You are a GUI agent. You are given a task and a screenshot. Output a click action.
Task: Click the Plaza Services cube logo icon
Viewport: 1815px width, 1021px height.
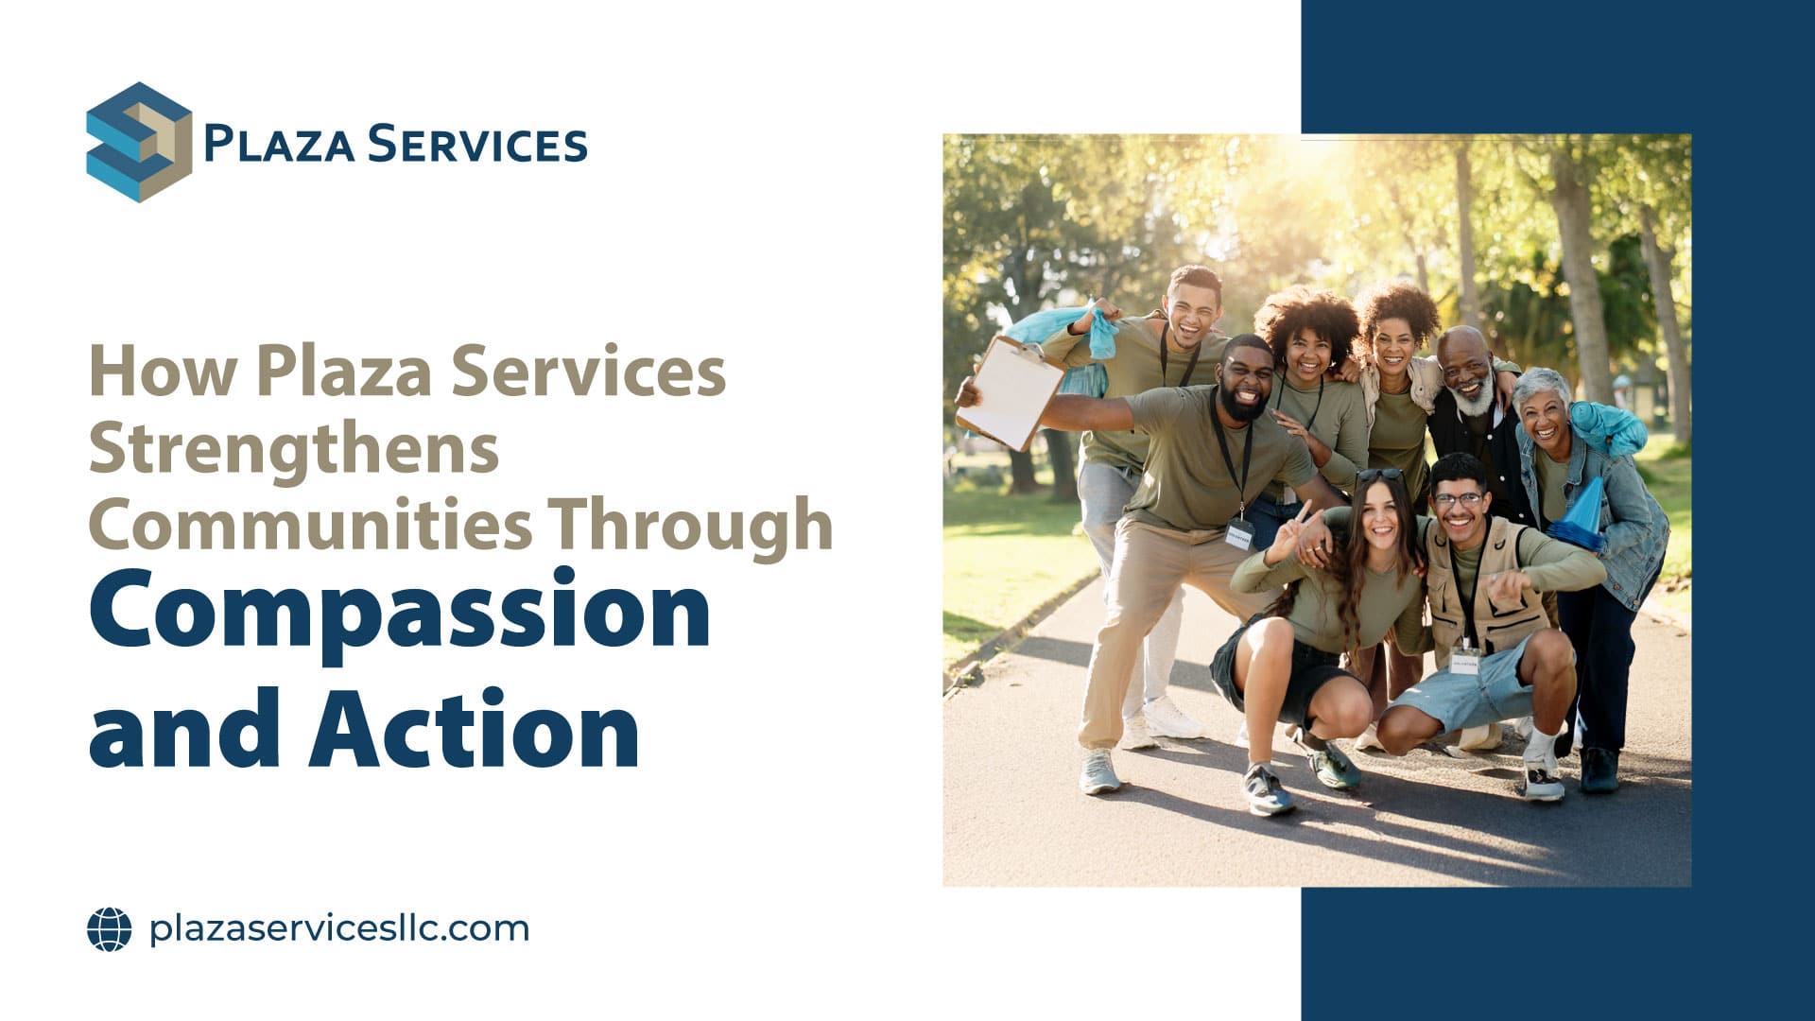point(139,143)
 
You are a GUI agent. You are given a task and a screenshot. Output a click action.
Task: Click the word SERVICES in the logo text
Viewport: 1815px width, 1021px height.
point(476,145)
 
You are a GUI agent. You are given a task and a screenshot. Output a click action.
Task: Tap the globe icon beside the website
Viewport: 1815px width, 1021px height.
point(110,928)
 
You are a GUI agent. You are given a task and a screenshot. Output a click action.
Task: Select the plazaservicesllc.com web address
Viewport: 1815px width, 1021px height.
point(339,928)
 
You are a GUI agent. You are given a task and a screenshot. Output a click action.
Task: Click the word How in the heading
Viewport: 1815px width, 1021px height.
point(163,371)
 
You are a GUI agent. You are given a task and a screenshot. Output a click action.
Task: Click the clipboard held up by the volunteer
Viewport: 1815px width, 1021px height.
point(1011,391)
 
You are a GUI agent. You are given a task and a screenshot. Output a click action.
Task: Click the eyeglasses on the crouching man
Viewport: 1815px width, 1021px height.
point(1458,498)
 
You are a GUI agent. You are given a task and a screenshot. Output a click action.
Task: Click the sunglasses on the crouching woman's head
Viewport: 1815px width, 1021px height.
point(1380,474)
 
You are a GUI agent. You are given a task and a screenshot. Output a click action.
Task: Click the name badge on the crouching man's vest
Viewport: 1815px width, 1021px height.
point(1466,661)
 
